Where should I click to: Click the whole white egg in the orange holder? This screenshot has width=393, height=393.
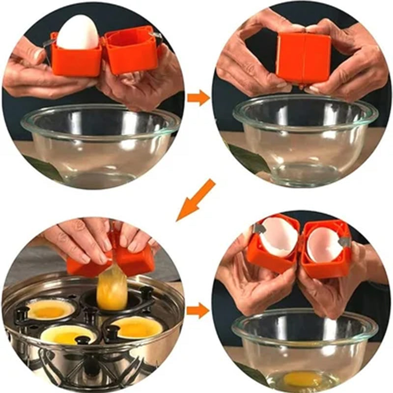tap(78, 32)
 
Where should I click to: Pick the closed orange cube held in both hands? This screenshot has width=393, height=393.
tap(303, 58)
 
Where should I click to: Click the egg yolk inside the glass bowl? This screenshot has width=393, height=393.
tap(301, 378)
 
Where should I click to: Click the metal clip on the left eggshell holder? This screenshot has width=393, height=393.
tap(257, 228)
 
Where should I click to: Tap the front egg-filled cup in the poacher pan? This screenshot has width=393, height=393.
tap(69, 335)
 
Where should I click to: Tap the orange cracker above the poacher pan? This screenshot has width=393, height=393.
tap(111, 258)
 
